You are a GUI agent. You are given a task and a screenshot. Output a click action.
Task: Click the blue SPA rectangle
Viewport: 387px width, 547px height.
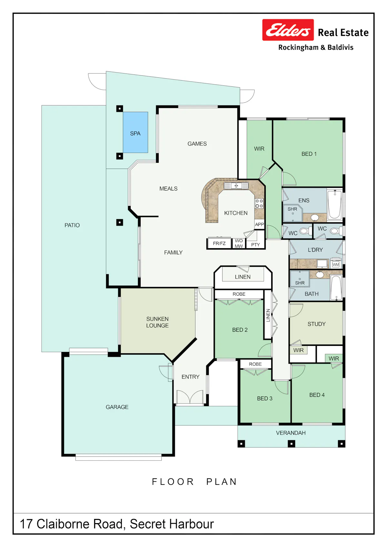tap(135, 132)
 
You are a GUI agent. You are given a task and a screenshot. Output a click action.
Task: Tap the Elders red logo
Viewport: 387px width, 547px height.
tap(288, 30)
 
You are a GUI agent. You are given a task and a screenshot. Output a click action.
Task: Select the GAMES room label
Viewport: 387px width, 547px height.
tap(197, 143)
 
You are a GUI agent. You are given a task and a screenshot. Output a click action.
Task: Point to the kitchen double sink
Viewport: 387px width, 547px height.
tap(236, 186)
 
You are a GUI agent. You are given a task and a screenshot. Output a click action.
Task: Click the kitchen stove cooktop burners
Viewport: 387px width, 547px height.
tap(259, 203)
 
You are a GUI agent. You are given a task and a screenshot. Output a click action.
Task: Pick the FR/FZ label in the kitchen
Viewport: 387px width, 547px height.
tap(219, 243)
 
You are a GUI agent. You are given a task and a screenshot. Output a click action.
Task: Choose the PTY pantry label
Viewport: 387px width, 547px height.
tap(255, 245)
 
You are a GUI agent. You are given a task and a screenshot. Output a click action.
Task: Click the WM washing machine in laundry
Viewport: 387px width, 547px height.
tap(336, 264)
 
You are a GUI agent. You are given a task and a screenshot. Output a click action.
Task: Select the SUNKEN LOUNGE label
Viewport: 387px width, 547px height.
tap(157, 322)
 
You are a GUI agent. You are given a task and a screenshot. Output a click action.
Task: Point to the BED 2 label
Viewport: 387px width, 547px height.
tap(240, 330)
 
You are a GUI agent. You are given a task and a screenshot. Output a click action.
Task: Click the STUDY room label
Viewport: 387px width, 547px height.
tap(316, 324)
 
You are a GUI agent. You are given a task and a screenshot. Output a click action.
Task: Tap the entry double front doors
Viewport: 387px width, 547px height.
tap(190, 397)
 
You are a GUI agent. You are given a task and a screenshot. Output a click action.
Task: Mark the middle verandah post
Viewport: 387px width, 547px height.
tap(291, 444)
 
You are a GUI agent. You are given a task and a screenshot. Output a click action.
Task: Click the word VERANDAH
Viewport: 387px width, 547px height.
tap(291, 433)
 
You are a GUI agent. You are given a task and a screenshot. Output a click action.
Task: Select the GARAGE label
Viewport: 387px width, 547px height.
tap(117, 407)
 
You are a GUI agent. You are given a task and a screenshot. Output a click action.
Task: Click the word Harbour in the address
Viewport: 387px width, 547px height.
tap(192, 524)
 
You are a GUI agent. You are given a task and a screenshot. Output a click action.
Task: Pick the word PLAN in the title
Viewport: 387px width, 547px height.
tap(222, 482)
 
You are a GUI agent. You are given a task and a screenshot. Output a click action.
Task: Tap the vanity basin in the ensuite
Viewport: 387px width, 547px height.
tap(314, 217)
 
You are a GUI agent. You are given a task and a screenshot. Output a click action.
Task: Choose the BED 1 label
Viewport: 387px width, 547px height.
tap(309, 154)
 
